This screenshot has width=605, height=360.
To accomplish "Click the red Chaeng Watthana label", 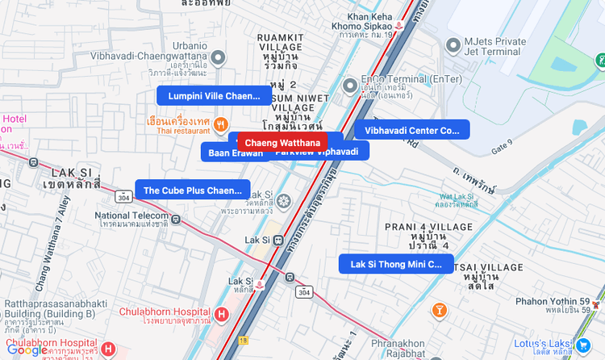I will point(282,143).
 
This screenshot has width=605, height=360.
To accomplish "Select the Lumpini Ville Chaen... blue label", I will point(214,96).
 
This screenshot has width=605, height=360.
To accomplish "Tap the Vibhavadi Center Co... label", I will point(411,130).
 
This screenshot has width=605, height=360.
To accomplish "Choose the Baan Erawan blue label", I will point(236,153).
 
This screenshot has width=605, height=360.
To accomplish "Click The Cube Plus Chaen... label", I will point(192,190).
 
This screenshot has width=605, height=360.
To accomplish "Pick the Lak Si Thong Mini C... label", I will point(396,264).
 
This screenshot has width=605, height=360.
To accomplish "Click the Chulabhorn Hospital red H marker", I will point(221,313).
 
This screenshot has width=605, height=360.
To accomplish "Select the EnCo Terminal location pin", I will point(349,85).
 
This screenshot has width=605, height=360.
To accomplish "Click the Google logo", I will point(27,350).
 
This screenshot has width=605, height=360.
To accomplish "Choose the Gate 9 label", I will point(501,146).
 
